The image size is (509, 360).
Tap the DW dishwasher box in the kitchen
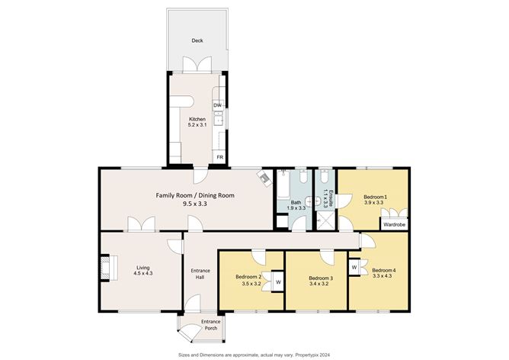pos(217,105)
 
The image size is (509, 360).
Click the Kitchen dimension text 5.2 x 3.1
pos(197,126)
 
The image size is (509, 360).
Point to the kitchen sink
pos(218,118)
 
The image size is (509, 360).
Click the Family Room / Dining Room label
pos(194,195)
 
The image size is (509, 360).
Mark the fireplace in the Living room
pos(106,268)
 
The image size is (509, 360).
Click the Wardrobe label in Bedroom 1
pos(394,225)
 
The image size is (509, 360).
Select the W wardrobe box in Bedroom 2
pos(277,281)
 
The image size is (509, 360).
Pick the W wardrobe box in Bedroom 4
pos(354,267)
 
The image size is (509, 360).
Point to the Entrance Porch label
pos(210,325)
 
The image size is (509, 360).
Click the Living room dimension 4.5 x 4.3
pos(143,273)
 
